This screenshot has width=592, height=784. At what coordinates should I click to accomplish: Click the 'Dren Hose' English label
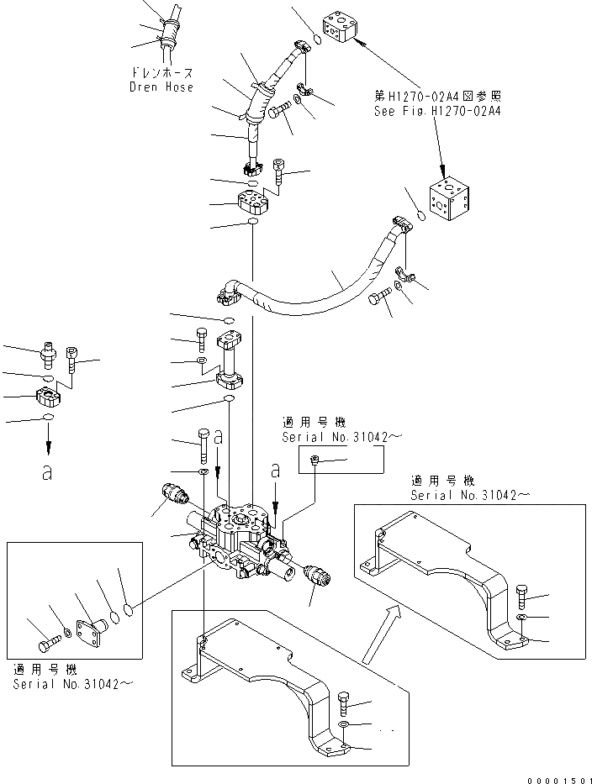[161, 87]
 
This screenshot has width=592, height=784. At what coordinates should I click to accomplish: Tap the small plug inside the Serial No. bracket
[314, 460]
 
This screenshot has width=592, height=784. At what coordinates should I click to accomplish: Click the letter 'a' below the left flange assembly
[48, 472]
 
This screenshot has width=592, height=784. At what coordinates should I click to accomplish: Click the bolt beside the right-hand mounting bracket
[521, 597]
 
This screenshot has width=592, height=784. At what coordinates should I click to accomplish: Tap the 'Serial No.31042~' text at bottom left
[72, 683]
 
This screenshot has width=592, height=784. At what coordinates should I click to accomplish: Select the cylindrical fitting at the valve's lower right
[320, 576]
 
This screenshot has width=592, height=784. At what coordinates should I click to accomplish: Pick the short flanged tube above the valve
[230, 361]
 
